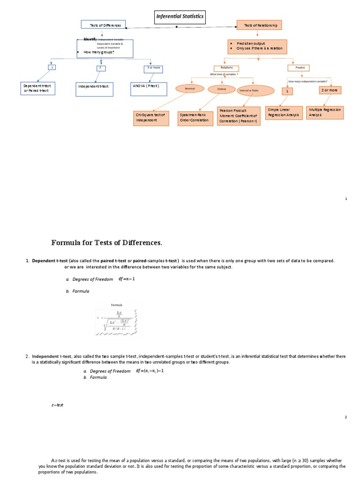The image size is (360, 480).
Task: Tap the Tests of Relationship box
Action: (260, 25)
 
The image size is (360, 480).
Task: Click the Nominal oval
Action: (190, 88)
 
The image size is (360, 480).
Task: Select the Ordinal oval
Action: (221, 89)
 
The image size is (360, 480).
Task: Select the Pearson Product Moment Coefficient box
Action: (239, 117)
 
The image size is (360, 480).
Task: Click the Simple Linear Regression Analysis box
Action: (283, 112)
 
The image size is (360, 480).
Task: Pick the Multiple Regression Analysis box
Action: (325, 112)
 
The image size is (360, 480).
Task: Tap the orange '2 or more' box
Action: (330, 90)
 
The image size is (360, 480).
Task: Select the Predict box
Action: (300, 67)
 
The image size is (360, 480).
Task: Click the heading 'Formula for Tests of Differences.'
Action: (106, 242)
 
